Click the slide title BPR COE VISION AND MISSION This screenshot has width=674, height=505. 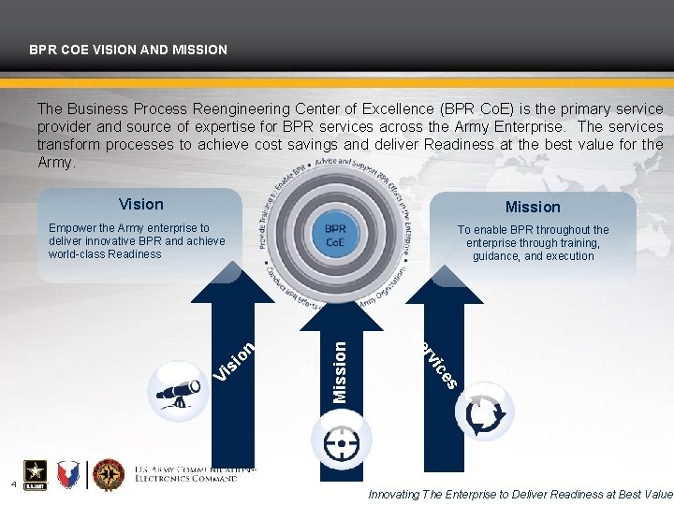127,49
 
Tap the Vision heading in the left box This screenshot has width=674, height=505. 140,204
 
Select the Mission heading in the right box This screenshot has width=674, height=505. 533,207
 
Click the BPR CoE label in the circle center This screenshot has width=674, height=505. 335,234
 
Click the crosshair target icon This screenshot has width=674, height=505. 341,439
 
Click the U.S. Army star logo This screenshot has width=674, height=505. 31,475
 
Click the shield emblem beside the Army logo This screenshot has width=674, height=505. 70,475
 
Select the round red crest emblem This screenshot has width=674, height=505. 109,475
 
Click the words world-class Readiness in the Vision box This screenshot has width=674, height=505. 105,253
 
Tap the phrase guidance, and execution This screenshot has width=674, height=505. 533,255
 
